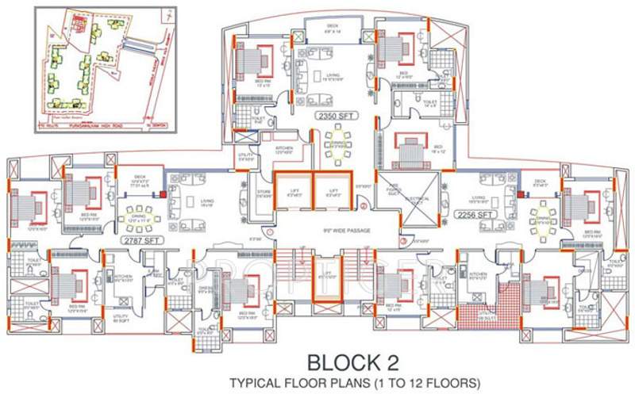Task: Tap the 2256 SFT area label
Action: coord(475,215)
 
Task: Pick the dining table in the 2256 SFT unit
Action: coord(542,215)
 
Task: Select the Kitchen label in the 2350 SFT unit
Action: coord(284,147)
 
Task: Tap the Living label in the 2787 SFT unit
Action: coord(208,201)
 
